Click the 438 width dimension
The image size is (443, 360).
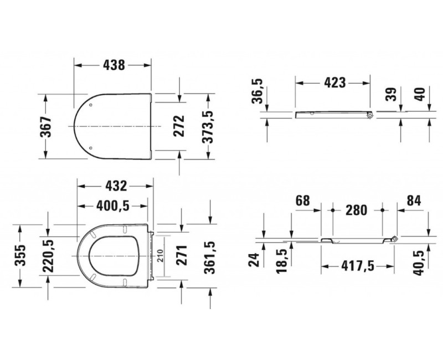113,65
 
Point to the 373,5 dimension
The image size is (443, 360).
208,127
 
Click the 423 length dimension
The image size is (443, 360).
333,83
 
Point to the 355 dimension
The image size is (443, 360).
20,255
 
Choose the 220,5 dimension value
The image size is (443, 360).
49,255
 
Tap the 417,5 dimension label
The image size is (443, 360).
356,266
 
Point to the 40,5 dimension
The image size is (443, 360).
418,260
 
